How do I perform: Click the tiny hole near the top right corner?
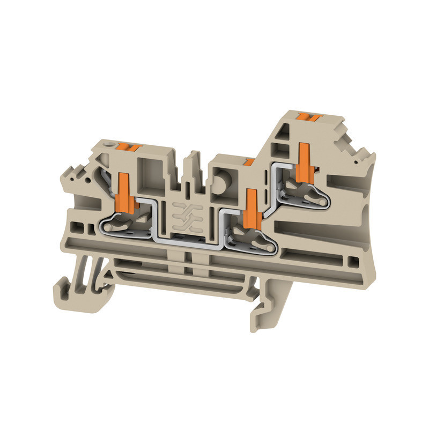pyautogui.click(x=356, y=160)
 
